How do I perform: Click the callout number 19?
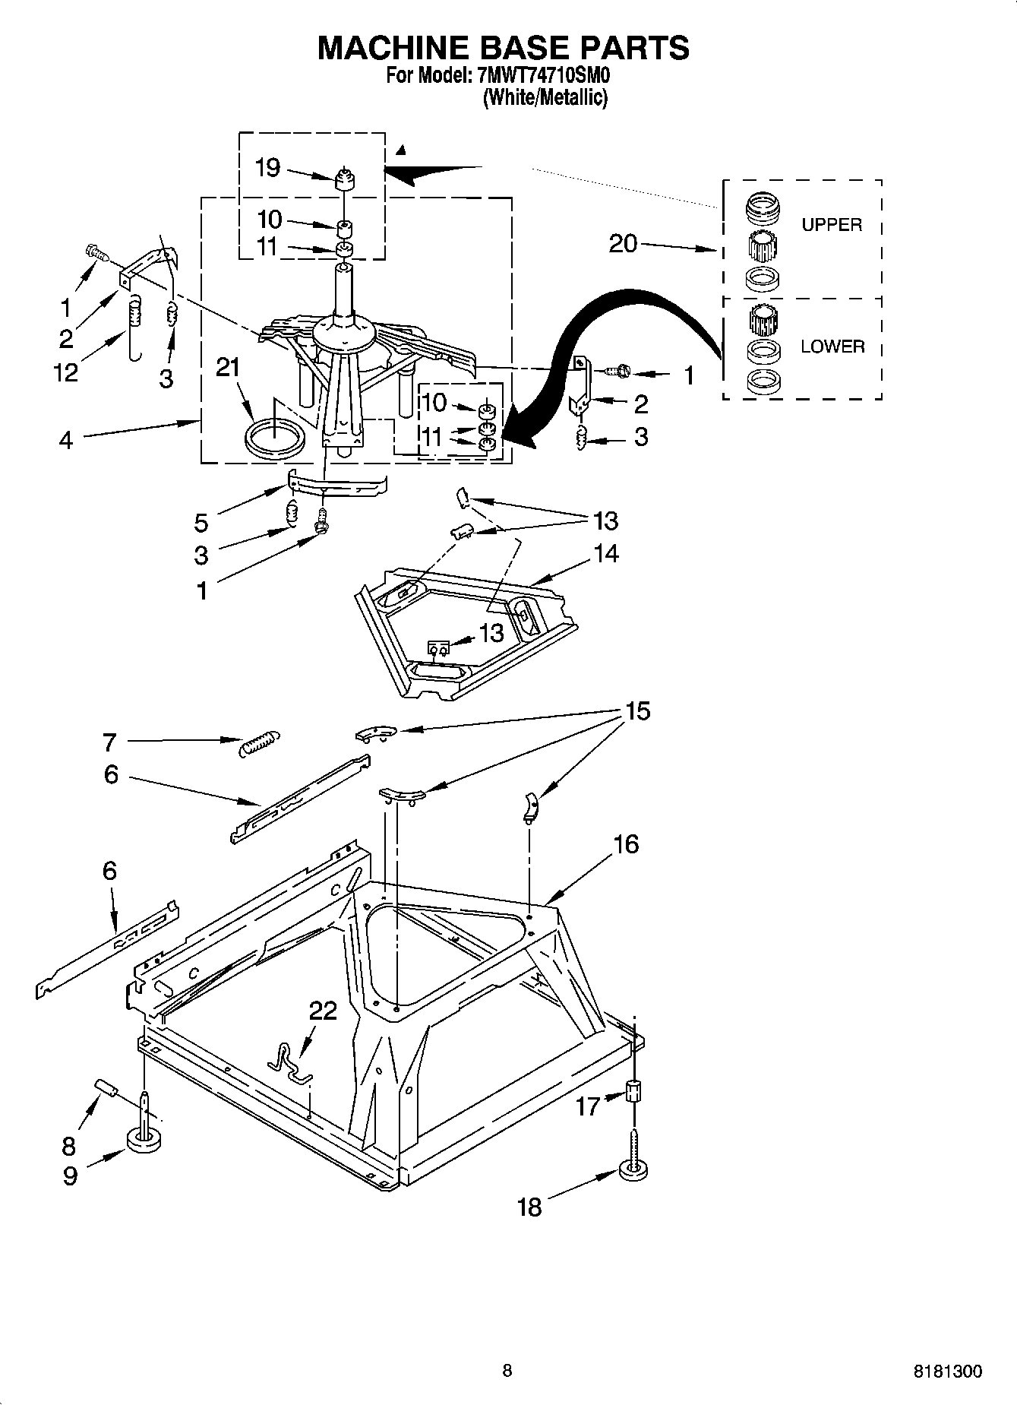(x=267, y=168)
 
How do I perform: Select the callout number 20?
(x=623, y=243)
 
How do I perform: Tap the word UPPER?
(x=832, y=225)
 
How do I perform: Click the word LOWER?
(x=832, y=347)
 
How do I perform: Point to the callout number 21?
(x=227, y=368)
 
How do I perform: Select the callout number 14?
(x=606, y=554)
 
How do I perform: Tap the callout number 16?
(x=626, y=844)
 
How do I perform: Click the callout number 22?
(x=323, y=1011)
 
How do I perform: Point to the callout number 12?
(x=67, y=372)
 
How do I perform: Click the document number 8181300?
(x=946, y=1372)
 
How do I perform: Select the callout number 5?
(x=201, y=522)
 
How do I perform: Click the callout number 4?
(x=65, y=439)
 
